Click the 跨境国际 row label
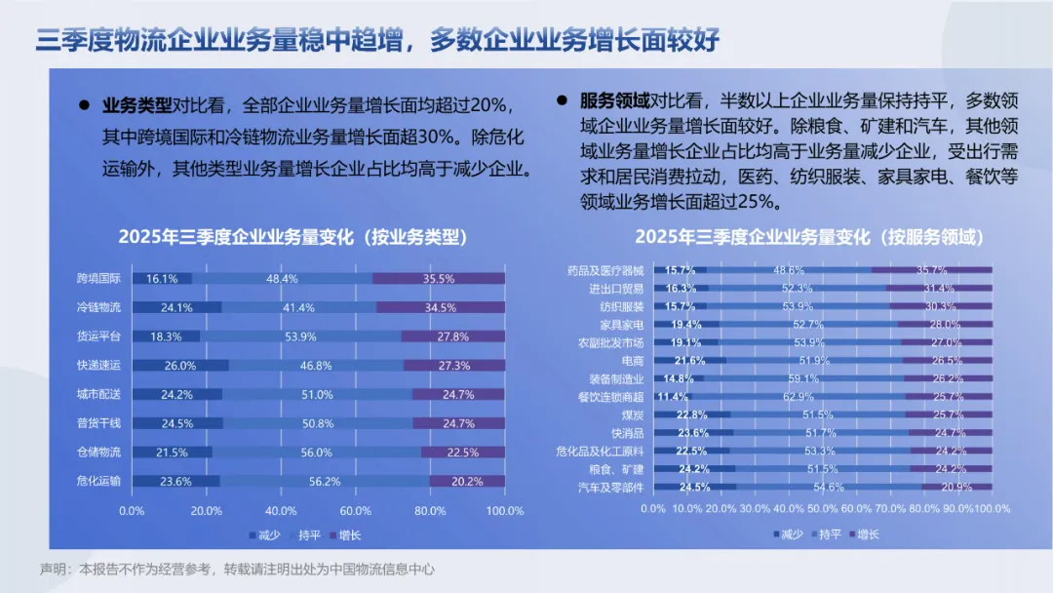[98, 278]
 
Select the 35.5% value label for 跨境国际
[439, 278]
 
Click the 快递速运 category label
[98, 366]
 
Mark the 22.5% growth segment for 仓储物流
[462, 453]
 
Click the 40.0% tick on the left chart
[281, 510]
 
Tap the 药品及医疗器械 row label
[604, 270]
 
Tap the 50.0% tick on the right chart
[823, 509]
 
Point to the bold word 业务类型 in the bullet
[136, 105]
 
